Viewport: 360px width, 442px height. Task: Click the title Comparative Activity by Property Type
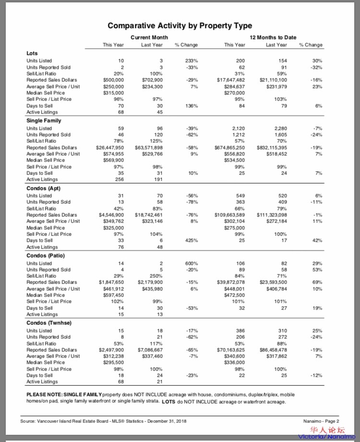pyautogui.click(x=180, y=25)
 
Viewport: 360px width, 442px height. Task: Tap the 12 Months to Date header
pyautogui.click(x=273, y=37)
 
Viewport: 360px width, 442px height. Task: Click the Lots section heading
pyautogui.click(x=32, y=53)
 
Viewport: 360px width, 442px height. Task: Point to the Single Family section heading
pyautogui.click(x=44, y=121)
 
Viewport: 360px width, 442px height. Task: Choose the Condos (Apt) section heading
pyautogui.click(x=43, y=188)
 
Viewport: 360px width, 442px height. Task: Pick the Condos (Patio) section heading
pyautogui.click(x=45, y=256)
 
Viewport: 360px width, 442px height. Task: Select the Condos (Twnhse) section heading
pyautogui.click(x=47, y=323)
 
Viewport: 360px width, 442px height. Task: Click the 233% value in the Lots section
pyautogui.click(x=192, y=61)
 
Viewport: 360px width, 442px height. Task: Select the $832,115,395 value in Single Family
pyautogui.click(x=272, y=147)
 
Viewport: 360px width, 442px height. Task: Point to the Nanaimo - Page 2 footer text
pyautogui.click(x=321, y=421)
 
